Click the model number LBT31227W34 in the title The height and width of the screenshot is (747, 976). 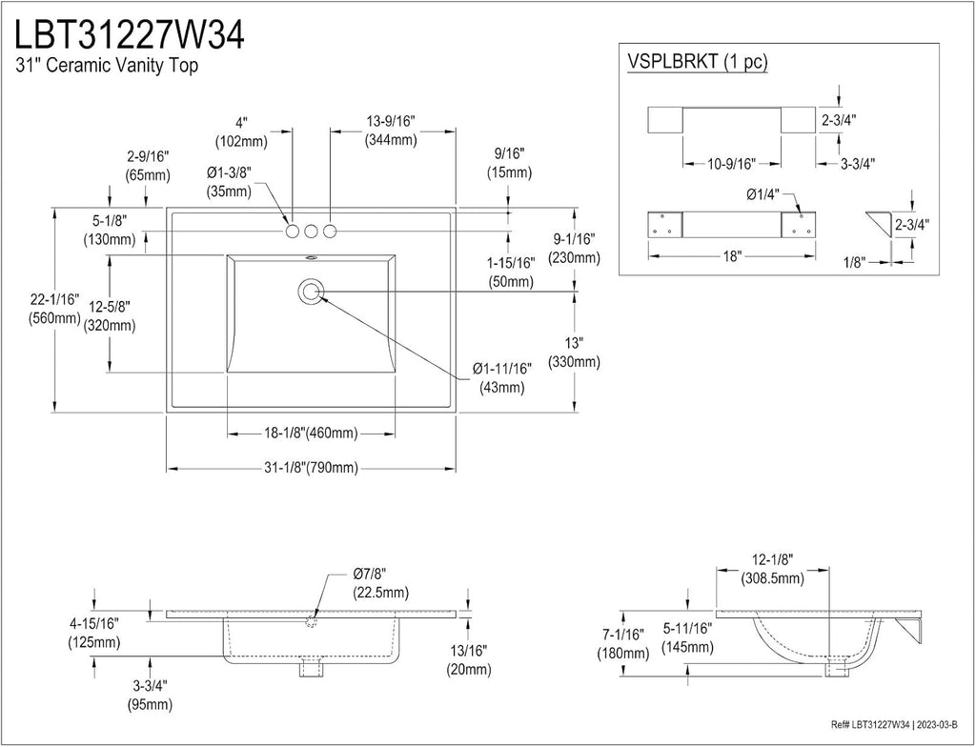130,34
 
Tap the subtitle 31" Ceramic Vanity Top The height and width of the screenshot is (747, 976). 107,65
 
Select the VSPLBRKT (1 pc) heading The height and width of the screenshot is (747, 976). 697,62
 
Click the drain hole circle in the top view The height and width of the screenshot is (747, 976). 311,292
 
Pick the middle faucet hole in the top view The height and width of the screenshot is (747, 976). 311,231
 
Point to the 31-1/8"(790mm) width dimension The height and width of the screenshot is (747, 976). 310,468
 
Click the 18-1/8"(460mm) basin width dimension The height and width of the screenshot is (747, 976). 310,434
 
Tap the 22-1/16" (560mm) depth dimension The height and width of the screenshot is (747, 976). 54,309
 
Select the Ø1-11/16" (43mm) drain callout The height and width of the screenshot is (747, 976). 501,378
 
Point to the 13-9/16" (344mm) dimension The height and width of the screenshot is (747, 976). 391,131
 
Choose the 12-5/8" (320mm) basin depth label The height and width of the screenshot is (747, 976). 110,315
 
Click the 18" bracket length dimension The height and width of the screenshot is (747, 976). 732,256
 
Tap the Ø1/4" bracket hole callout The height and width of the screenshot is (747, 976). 762,194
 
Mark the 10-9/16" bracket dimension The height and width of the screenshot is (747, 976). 731,164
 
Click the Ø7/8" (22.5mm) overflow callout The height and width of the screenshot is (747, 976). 381,583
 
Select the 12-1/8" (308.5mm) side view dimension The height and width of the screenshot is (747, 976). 772,569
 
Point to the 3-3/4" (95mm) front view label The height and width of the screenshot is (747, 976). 150,695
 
